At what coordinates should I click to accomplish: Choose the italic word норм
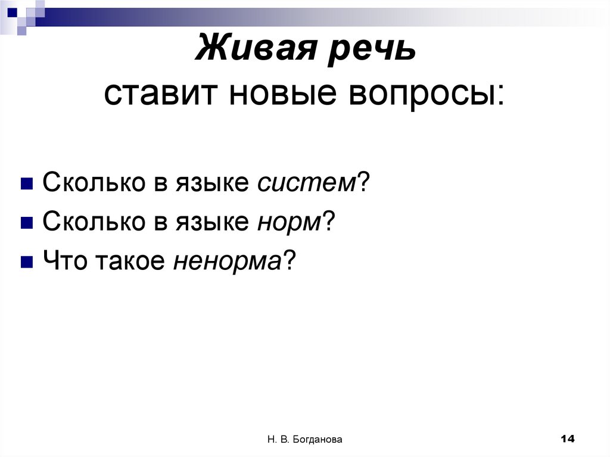[x=288, y=222]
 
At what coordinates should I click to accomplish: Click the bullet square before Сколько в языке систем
[x=27, y=184]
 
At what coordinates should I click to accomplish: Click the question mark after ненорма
[x=289, y=260]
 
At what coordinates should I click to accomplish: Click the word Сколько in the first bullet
[x=83, y=183]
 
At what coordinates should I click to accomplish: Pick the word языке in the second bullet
[x=211, y=223]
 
